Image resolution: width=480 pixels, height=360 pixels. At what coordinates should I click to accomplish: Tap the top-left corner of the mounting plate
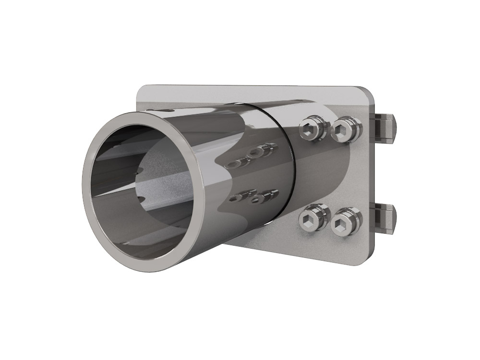click(x=141, y=89)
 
